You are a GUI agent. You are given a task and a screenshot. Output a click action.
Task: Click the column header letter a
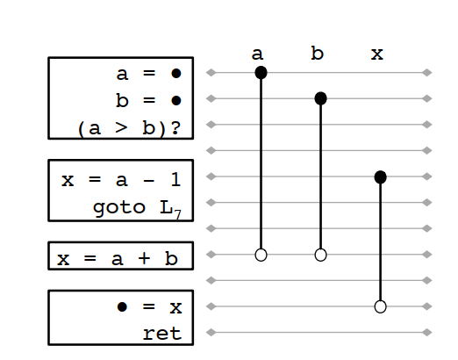click(x=257, y=54)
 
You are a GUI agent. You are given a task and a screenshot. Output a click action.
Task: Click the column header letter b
click(x=317, y=53)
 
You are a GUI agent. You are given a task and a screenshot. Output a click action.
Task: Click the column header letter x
click(x=377, y=54)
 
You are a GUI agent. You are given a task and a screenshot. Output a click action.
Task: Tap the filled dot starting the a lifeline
click(x=261, y=73)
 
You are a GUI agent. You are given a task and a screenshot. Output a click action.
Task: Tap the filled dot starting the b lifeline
click(x=320, y=98)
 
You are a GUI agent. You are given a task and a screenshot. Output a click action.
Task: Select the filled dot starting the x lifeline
click(x=380, y=176)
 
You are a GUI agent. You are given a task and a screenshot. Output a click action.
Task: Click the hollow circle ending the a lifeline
click(x=261, y=255)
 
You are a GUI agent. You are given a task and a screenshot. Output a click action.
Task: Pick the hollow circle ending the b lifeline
click(x=320, y=255)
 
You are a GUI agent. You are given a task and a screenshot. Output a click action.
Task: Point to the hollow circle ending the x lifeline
click(x=380, y=306)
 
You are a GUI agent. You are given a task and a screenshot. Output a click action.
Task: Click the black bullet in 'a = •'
click(x=176, y=73)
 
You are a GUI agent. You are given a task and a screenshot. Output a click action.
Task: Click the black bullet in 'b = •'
click(x=176, y=101)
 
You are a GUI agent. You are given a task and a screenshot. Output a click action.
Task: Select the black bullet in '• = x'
click(x=122, y=306)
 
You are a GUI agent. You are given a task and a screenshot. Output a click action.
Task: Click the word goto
click(x=119, y=208)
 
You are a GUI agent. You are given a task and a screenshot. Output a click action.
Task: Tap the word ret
click(x=162, y=334)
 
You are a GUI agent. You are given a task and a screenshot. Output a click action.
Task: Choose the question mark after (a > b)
click(x=175, y=128)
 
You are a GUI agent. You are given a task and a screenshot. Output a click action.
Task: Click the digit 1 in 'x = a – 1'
click(x=175, y=179)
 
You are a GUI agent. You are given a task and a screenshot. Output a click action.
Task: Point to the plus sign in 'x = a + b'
click(x=144, y=259)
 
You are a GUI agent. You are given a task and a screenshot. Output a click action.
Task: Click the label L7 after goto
click(x=171, y=209)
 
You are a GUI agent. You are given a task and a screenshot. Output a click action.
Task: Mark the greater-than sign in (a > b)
click(x=121, y=128)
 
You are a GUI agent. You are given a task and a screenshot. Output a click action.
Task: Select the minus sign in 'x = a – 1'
click(x=148, y=181)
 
